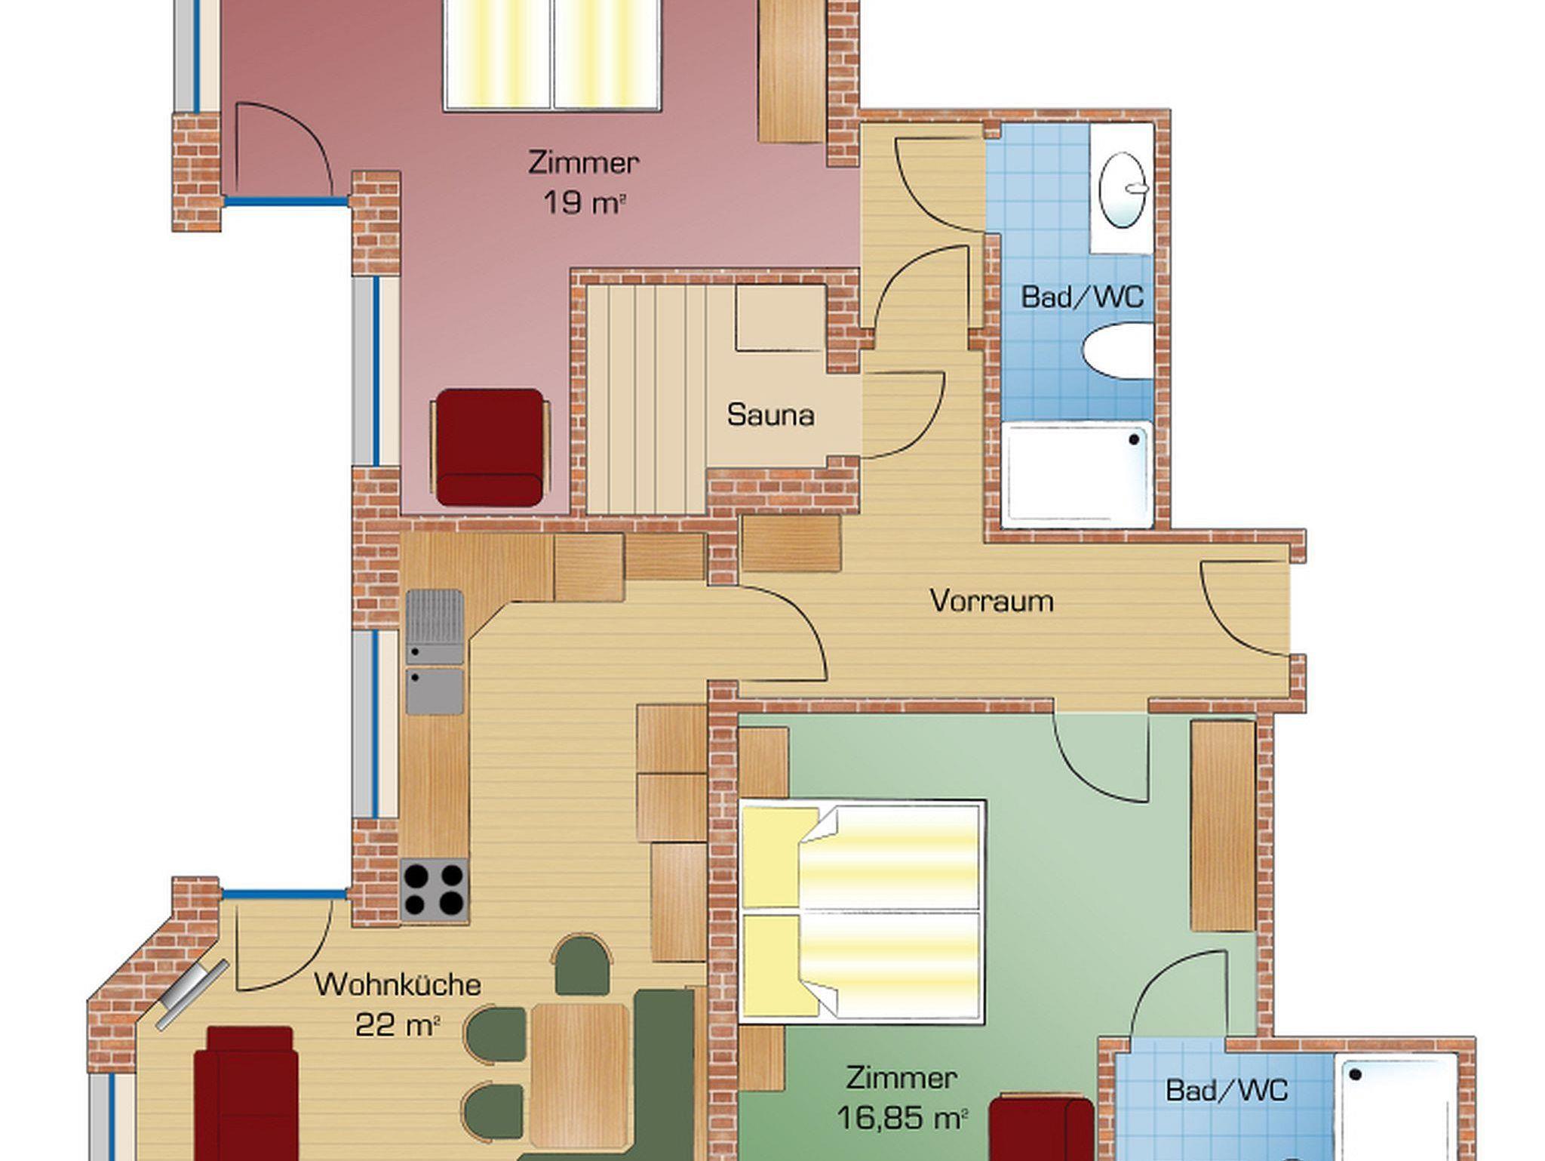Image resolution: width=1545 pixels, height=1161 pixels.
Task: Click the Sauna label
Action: [x=770, y=415]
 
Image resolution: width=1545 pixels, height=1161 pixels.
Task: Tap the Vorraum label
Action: [x=991, y=601]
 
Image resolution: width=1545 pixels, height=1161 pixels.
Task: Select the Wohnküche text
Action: [x=398, y=984]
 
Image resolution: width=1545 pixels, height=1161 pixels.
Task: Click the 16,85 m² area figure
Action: [x=902, y=1118]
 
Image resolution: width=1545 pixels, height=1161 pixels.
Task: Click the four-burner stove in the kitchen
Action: [x=434, y=890]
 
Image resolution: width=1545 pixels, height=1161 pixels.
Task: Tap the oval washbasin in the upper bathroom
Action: [x=1123, y=189]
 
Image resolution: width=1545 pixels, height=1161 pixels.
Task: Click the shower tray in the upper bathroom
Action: [x=1077, y=474]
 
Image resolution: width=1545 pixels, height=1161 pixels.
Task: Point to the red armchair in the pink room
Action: [x=490, y=447]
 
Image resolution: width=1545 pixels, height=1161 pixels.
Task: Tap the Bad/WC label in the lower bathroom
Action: [x=1227, y=1090]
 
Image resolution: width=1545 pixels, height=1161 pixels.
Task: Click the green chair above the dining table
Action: [x=582, y=965]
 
